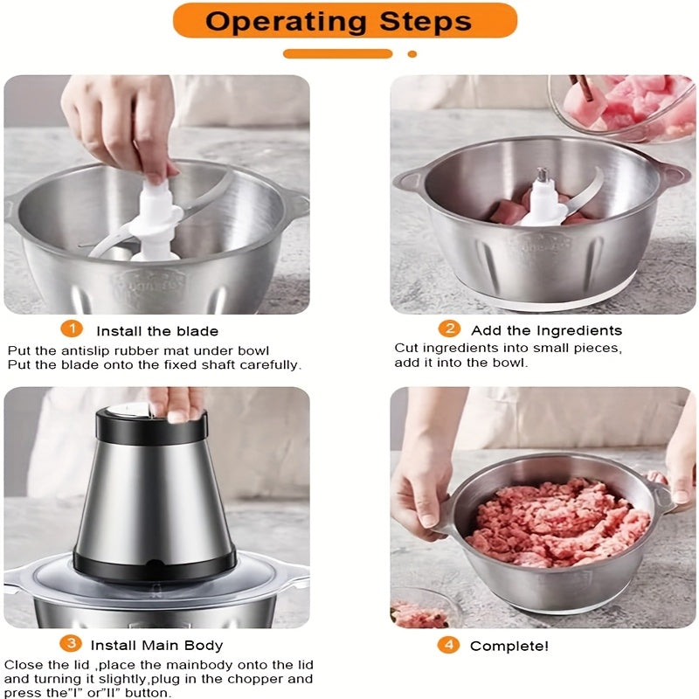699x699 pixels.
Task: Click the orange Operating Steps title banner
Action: [344, 20]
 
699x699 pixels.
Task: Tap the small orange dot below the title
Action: [412, 54]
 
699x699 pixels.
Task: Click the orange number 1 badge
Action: [72, 329]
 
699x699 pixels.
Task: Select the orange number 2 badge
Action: [449, 329]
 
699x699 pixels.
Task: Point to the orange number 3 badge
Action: [71, 644]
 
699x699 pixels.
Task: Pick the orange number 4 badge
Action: [448, 645]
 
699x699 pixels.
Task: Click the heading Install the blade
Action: [157, 331]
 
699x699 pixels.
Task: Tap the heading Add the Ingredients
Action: [547, 330]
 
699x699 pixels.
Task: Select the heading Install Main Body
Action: [156, 646]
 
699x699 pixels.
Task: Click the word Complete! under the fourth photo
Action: [509, 646]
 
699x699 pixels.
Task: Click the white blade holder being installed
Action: [156, 222]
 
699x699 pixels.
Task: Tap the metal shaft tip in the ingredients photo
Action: [543, 174]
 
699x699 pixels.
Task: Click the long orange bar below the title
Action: [338, 54]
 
